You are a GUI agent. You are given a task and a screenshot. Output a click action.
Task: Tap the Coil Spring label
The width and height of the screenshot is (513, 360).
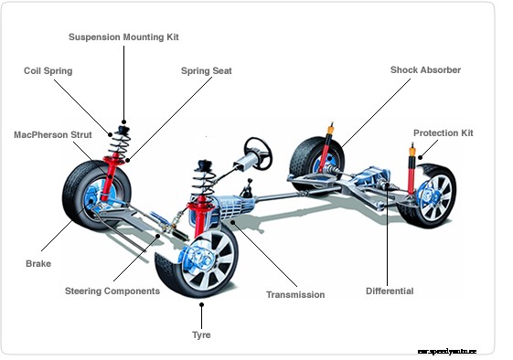tap(48, 70)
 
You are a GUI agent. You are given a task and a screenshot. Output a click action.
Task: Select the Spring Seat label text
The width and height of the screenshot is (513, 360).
tap(206, 70)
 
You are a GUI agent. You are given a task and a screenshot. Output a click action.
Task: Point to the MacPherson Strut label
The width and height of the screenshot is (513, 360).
tap(52, 134)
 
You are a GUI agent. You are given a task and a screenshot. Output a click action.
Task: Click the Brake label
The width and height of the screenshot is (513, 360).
tap(37, 263)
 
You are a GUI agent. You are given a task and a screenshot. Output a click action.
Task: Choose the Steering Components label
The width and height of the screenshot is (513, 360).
tap(112, 291)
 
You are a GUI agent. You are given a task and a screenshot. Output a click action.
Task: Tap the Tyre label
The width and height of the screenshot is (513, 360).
tap(201, 335)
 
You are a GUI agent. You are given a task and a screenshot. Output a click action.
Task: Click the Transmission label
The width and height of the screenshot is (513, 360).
tap(294, 295)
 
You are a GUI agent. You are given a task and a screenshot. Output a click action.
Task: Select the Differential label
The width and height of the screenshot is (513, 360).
tap(390, 291)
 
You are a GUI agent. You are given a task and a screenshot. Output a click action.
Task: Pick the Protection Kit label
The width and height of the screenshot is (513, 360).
tap(443, 133)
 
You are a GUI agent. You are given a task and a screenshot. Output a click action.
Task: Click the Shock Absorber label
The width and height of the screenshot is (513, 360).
tap(425, 70)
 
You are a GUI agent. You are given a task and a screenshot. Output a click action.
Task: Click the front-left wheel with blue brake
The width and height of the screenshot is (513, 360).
tap(91, 196)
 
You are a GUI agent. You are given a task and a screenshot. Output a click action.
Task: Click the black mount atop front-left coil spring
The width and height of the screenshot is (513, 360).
tap(122, 127)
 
